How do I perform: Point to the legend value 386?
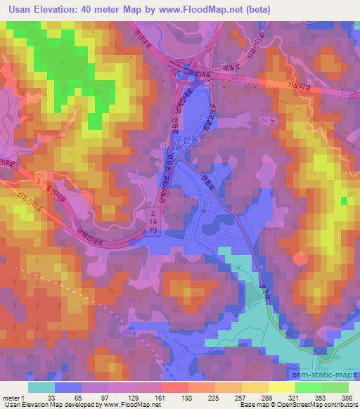[x=346, y=397]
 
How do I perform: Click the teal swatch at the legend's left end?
[x=41, y=387]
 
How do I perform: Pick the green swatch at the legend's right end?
[x=345, y=387]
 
